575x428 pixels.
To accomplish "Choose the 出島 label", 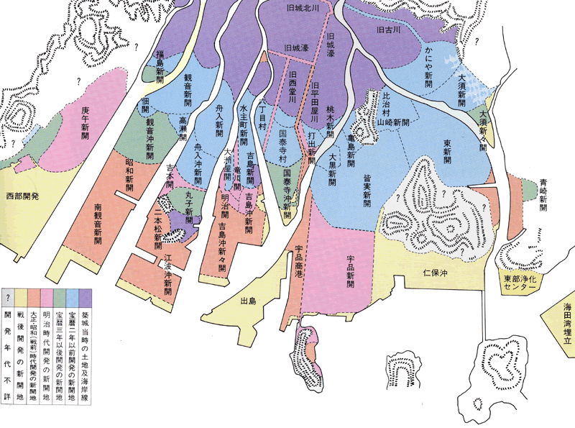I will tap(248, 301).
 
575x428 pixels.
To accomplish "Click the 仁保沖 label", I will tap(436, 274).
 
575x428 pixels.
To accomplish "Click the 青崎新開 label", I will tap(543, 193).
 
